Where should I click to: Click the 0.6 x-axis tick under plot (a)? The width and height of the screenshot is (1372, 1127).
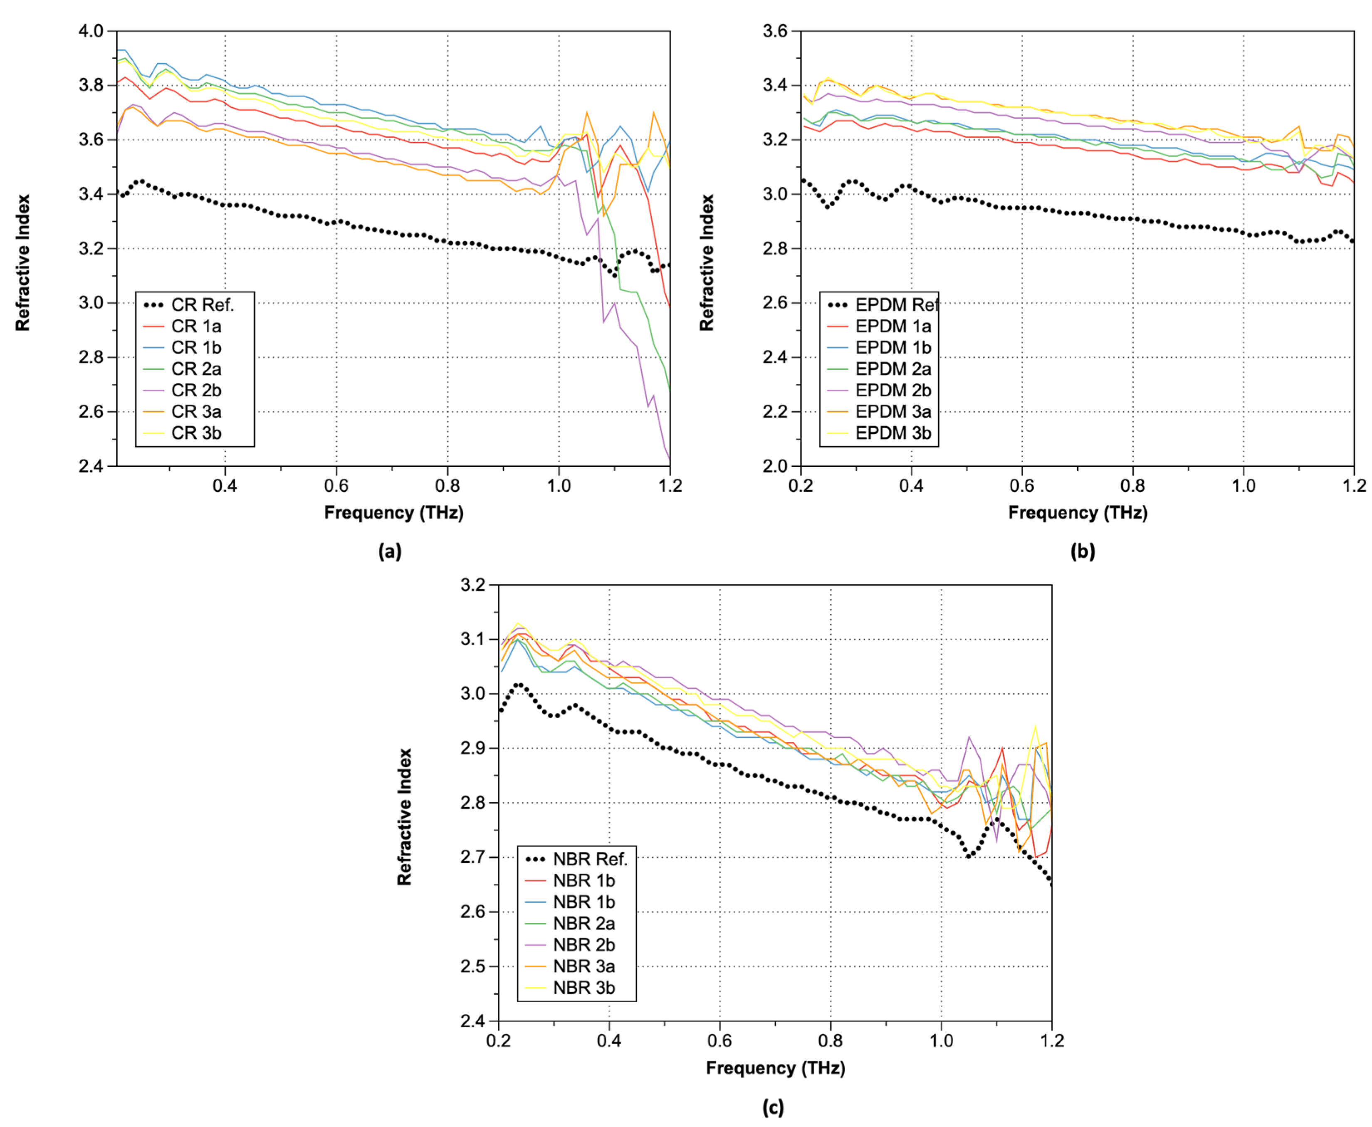(336, 486)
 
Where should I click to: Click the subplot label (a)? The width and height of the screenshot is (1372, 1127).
(390, 551)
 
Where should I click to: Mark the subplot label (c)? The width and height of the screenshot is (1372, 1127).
(773, 1107)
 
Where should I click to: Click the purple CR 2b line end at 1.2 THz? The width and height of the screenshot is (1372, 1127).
(669, 459)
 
